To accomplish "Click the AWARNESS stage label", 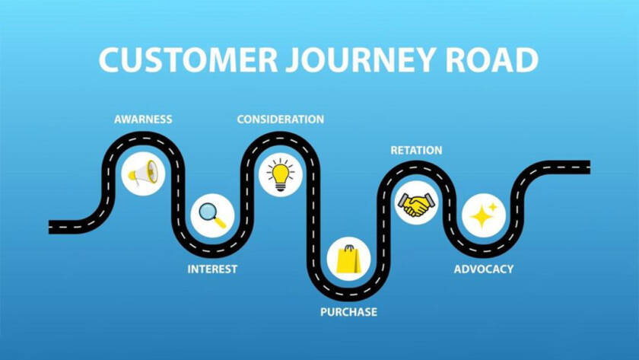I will [143, 119].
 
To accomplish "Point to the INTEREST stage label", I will [212, 269].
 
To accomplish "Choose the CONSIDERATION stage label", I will [280, 119].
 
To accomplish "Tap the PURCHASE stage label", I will [348, 312].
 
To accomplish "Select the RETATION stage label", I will [416, 150].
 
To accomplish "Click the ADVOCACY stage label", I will [483, 269].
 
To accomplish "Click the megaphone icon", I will [143, 174].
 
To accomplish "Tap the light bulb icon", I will [280, 174].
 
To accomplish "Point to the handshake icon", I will [416, 203].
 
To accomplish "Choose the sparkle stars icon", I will [483, 215].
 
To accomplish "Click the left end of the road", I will [52, 226].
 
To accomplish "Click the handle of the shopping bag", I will [348, 248].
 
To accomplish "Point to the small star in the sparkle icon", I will [492, 206].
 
